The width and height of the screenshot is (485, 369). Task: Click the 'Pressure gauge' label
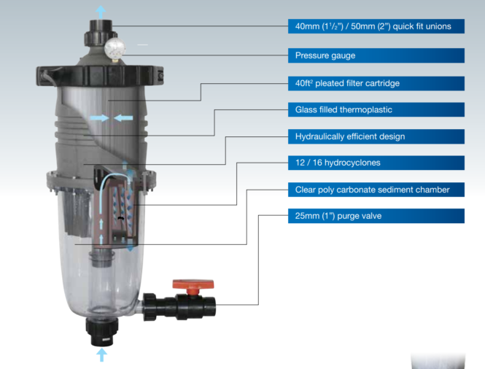[325, 55]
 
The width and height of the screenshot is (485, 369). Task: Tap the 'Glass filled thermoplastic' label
[343, 110]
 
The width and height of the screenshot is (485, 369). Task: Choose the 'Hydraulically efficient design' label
[349, 136]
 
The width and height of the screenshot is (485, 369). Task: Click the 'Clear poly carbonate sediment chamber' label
[372, 190]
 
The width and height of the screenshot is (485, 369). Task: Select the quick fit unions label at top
[373, 27]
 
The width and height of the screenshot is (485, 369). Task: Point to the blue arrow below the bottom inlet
[101, 354]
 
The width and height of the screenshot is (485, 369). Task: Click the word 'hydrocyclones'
[356, 163]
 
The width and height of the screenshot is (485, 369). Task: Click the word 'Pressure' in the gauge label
[313, 55]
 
